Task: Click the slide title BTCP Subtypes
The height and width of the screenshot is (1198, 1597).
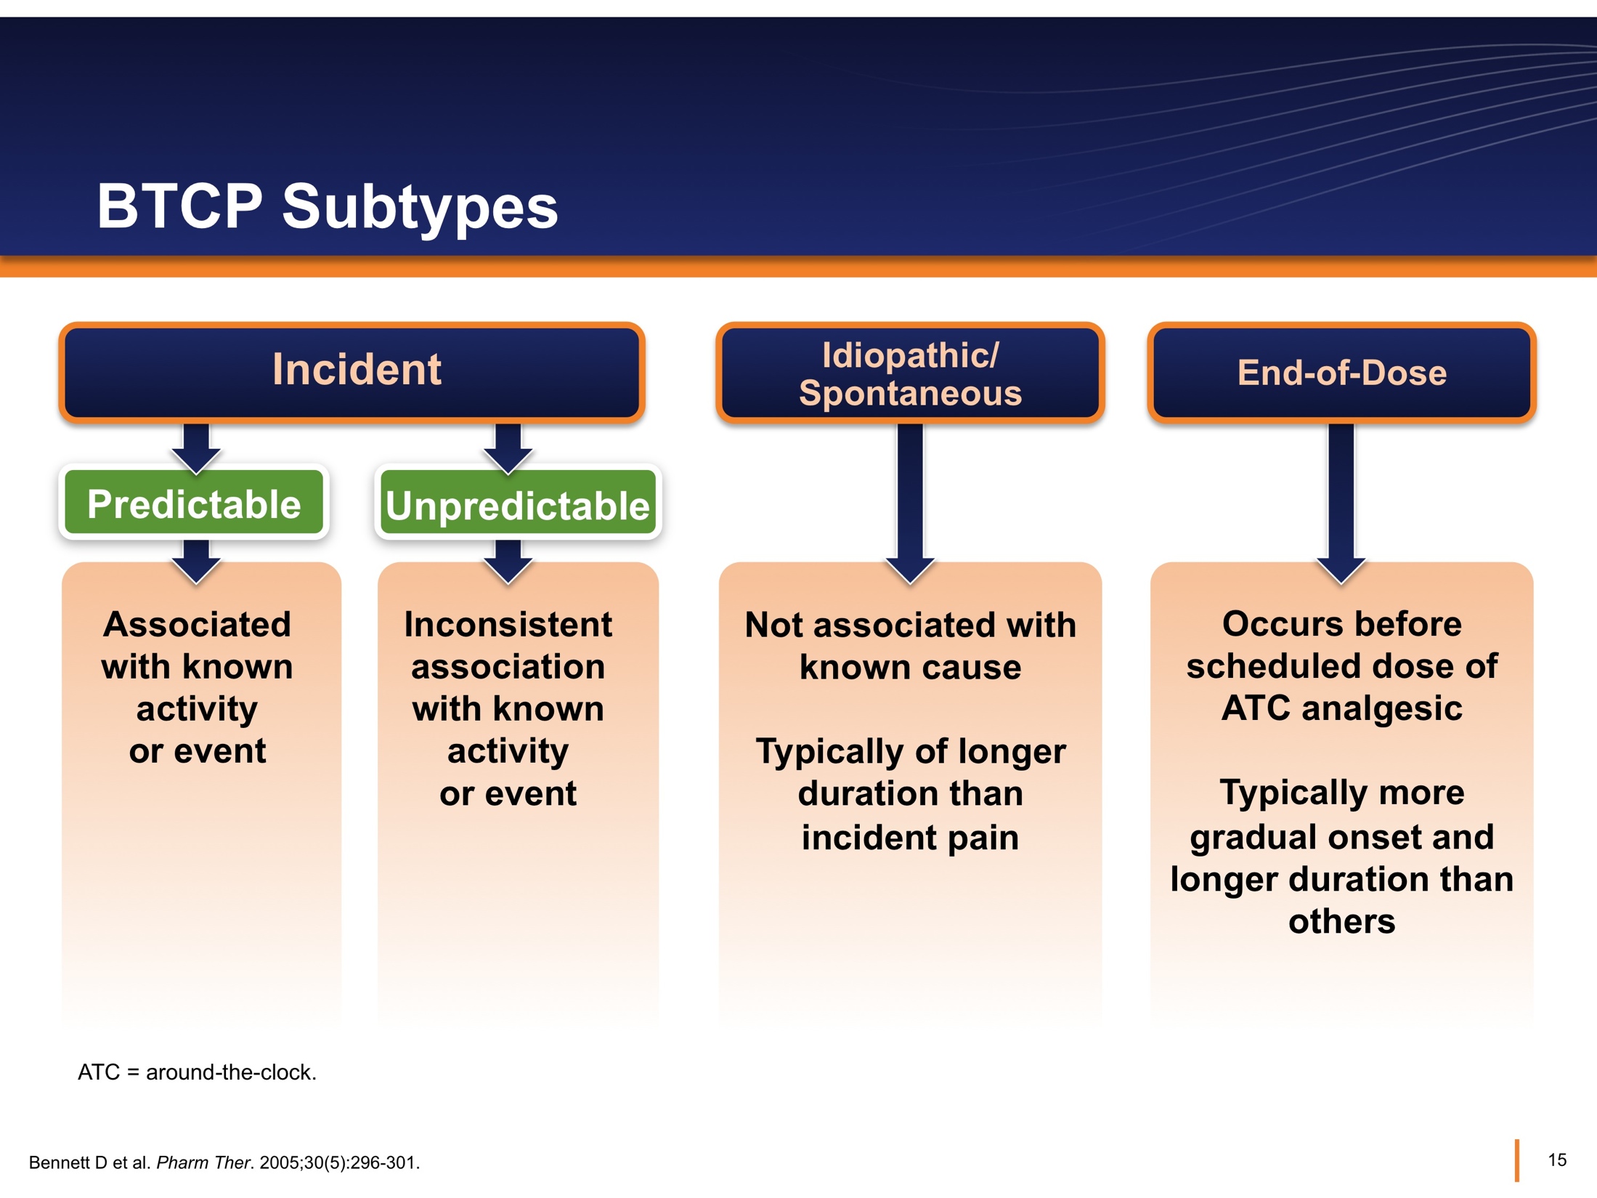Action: click(327, 207)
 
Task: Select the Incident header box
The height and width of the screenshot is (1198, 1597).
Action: click(352, 371)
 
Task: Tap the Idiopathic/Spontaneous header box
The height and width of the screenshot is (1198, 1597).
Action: click(909, 373)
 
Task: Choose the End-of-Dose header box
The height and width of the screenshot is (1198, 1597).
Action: click(1341, 373)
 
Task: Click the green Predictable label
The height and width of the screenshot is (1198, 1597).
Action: click(194, 503)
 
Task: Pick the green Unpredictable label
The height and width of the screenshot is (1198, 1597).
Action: click(517, 505)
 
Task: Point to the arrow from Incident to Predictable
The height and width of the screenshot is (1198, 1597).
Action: click(196, 447)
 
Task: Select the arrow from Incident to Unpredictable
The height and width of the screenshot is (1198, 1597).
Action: click(508, 447)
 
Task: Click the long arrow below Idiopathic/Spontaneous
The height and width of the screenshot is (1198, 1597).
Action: click(910, 501)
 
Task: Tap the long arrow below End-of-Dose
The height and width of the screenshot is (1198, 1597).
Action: click(1341, 501)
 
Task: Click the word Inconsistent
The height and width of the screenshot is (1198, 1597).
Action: click(508, 625)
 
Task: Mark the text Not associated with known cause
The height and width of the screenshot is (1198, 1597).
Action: click(910, 645)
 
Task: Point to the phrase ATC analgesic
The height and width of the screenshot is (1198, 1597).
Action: click(1341, 708)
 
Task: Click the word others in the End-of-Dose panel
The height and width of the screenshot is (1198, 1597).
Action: click(1341, 921)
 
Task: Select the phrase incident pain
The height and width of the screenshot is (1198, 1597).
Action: click(910, 838)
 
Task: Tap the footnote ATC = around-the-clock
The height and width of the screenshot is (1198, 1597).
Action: click(197, 1072)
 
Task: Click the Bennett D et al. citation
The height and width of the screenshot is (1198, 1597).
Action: click(224, 1162)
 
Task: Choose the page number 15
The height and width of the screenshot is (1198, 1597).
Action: click(1556, 1159)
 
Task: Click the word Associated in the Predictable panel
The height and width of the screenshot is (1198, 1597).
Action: click(197, 625)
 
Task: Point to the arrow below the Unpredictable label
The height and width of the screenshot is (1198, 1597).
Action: click(508, 562)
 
